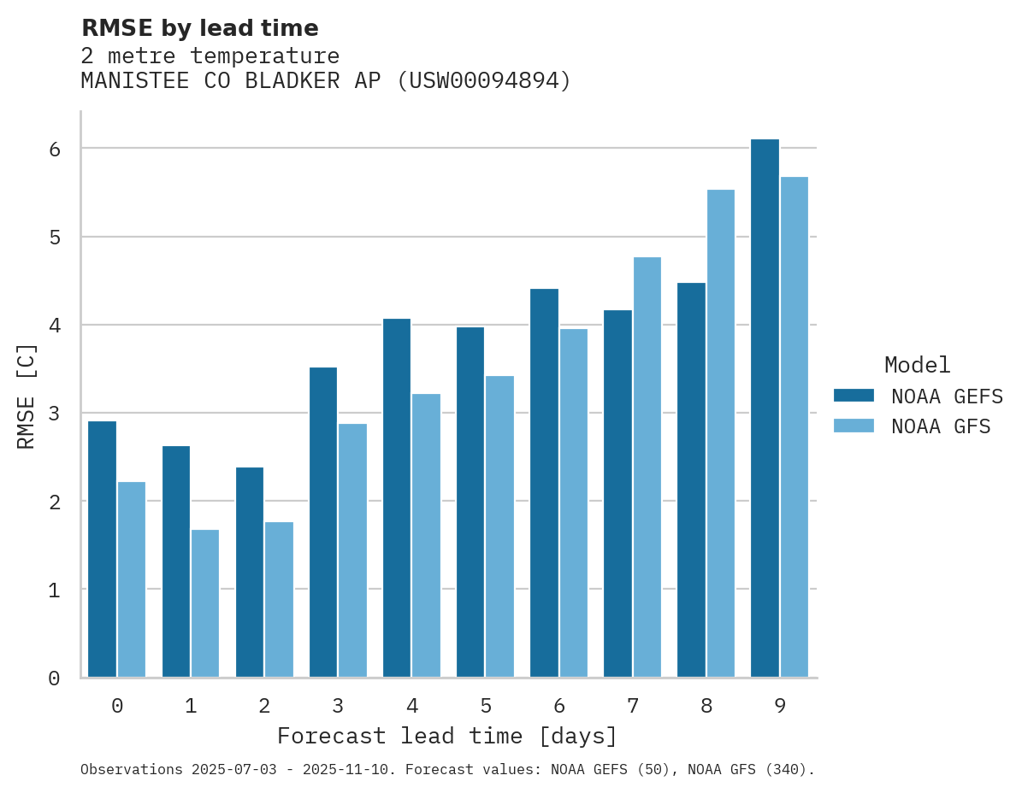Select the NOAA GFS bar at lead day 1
click(x=205, y=603)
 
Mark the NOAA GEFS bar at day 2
click(x=250, y=573)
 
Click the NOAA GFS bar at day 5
click(x=500, y=526)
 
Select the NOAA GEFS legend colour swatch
click(x=854, y=395)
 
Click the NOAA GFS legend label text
click(x=941, y=426)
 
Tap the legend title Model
click(x=917, y=365)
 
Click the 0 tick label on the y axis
click(x=54, y=678)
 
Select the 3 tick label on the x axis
click(x=338, y=706)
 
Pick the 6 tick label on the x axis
click(x=559, y=706)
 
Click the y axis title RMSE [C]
click(x=27, y=396)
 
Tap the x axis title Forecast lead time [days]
click(x=446, y=736)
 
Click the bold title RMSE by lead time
click(x=199, y=28)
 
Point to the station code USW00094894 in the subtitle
click(x=484, y=81)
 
